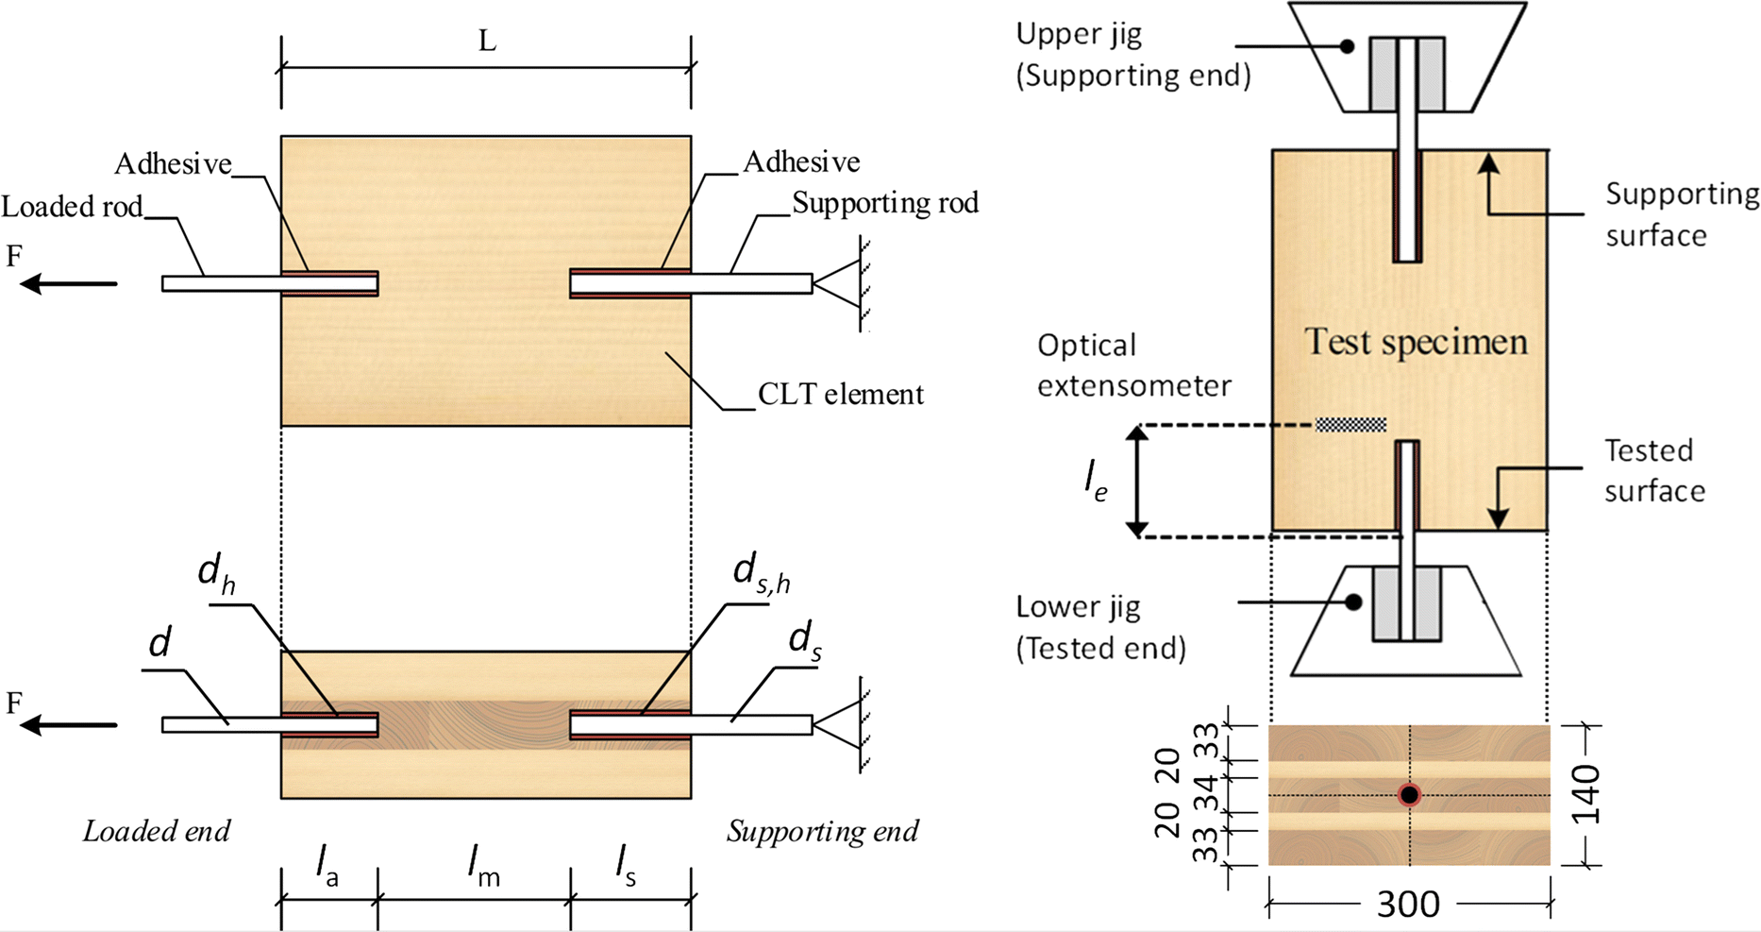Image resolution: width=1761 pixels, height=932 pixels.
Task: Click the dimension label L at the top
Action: (x=487, y=42)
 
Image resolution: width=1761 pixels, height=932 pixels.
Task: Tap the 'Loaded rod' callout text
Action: (x=73, y=207)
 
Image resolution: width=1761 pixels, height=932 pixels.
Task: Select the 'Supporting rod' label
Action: (x=884, y=203)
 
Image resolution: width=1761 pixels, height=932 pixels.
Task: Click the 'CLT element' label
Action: (x=840, y=394)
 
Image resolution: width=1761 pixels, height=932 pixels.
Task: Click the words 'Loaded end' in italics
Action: (x=157, y=831)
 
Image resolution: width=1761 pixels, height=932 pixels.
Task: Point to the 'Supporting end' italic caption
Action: (x=822, y=831)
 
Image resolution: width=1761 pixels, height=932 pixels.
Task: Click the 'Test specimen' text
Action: (x=1416, y=342)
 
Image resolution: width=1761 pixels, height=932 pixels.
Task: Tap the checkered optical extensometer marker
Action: (x=1350, y=425)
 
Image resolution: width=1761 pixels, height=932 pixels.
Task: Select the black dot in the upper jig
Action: (x=1348, y=46)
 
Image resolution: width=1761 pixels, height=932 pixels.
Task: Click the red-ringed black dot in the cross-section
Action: (x=1409, y=795)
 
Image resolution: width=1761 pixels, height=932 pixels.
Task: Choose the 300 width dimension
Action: (x=1408, y=905)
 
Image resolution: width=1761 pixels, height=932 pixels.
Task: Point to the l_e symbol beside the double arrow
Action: (x=1095, y=482)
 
